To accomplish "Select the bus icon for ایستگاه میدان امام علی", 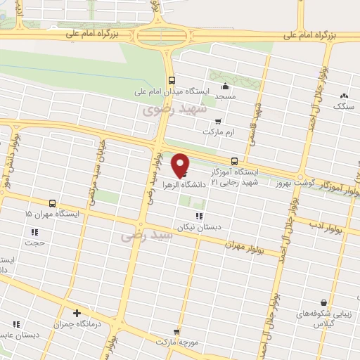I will [x=172, y=79].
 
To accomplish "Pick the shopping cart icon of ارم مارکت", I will [x=218, y=120].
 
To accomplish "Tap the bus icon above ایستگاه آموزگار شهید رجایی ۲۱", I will [x=235, y=161].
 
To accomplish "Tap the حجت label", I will [x=34, y=244].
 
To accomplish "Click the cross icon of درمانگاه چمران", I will [x=77, y=312].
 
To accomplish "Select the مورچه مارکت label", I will [x=176, y=342].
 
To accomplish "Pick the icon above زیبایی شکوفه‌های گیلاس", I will [x=323, y=302].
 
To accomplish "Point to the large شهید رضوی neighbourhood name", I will [x=172, y=111].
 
